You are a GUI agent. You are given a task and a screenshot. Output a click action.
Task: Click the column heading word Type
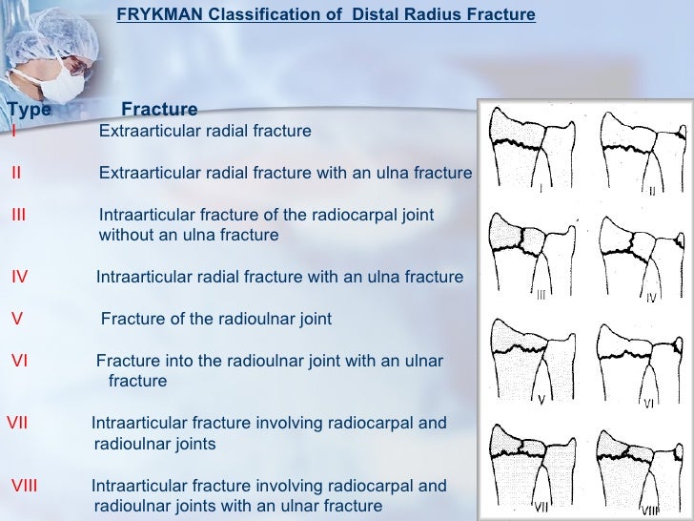(x=29, y=110)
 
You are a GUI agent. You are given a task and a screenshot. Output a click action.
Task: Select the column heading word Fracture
(x=159, y=110)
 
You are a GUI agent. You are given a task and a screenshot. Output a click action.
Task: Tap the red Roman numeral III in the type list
(x=18, y=215)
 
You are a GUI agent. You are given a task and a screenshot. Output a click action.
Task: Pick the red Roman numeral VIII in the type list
(x=24, y=486)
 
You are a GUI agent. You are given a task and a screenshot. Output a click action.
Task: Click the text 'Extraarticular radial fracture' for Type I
(x=205, y=131)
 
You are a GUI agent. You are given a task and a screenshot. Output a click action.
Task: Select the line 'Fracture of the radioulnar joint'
(x=216, y=319)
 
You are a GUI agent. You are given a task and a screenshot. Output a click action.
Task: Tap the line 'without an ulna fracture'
(x=189, y=235)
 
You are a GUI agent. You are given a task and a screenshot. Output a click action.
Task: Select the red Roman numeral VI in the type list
(x=19, y=361)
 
